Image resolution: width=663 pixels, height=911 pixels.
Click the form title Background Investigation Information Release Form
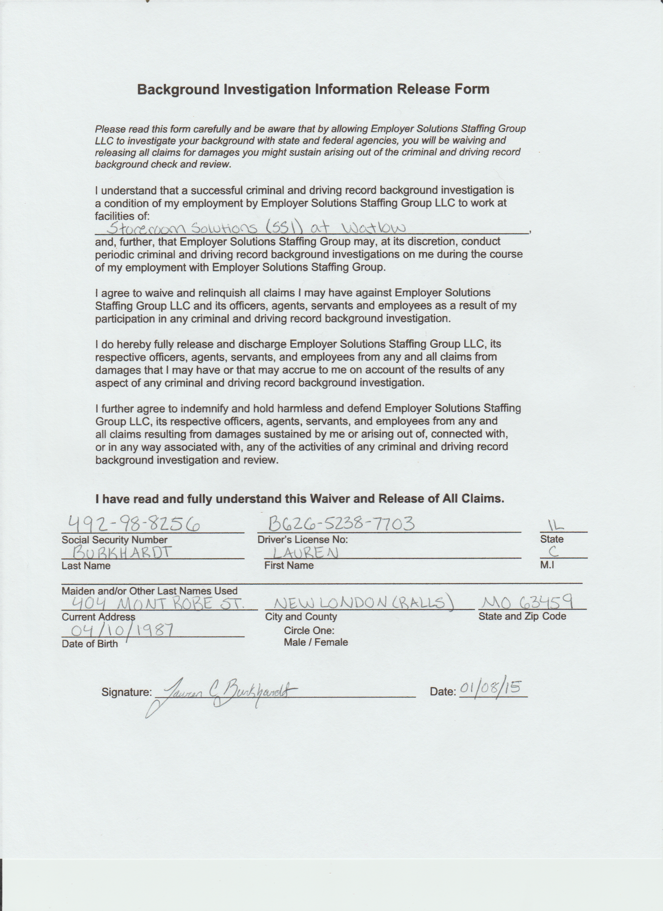point(313,89)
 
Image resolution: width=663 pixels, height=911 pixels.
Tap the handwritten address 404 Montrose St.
point(158,603)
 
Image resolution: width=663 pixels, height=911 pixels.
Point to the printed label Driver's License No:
point(303,539)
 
